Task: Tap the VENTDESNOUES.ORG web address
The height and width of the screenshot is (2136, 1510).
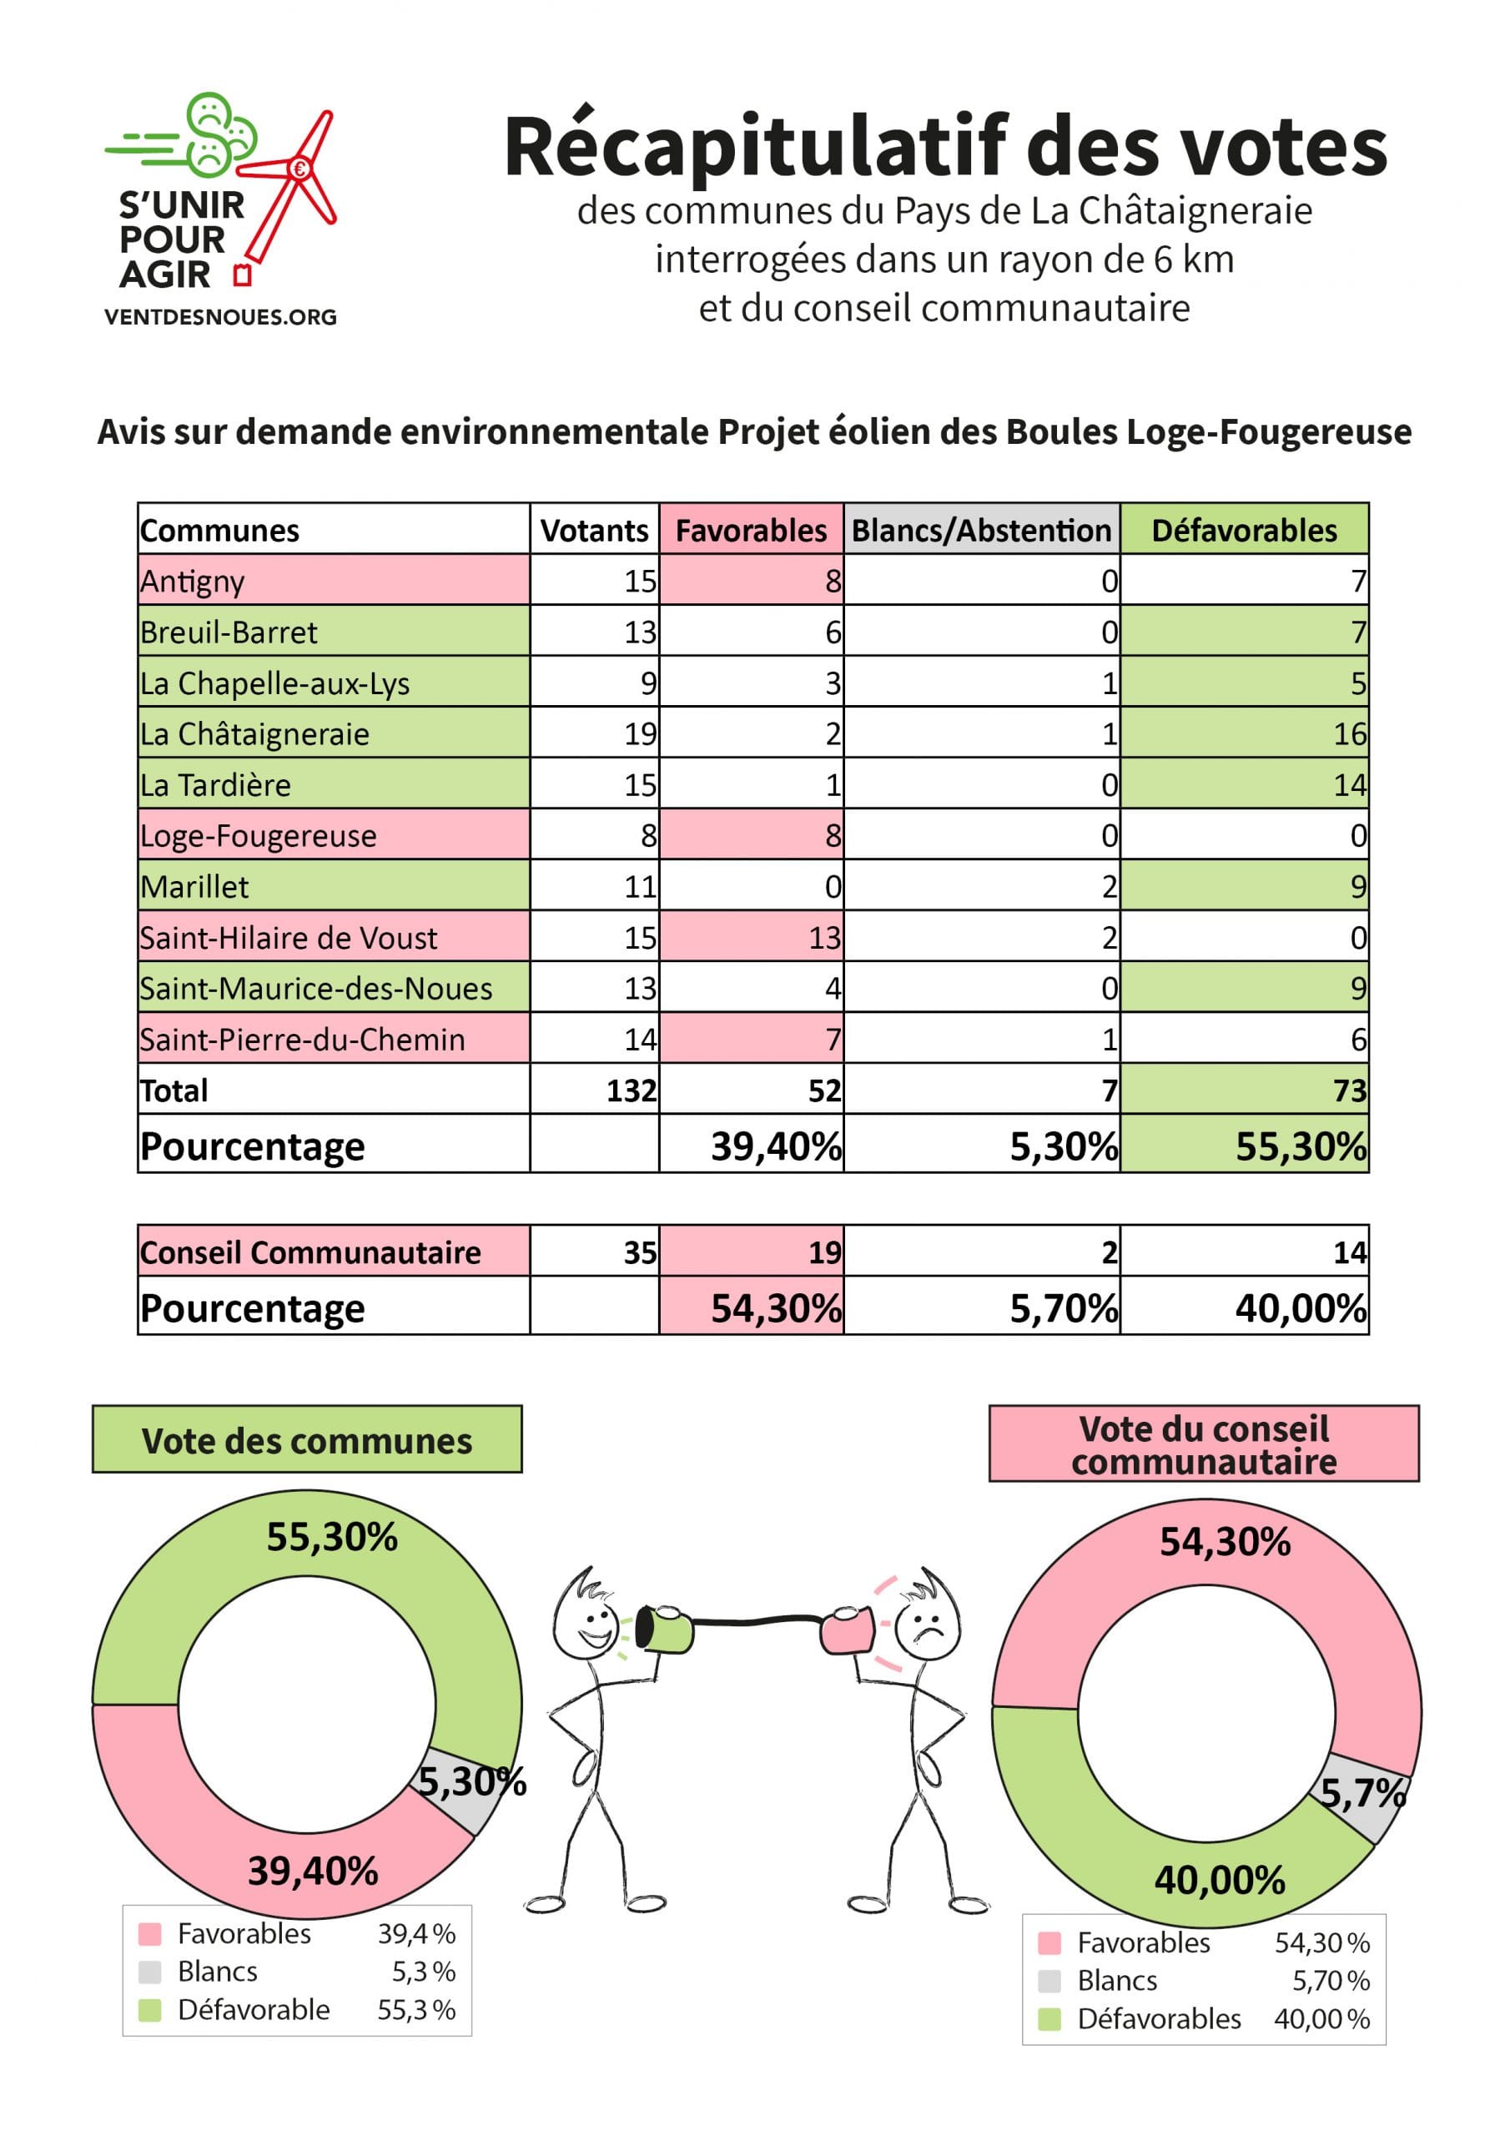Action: click(x=220, y=317)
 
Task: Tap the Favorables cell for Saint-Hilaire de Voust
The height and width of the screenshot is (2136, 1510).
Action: click(x=751, y=937)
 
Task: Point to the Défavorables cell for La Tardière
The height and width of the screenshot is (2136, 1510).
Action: click(x=1244, y=784)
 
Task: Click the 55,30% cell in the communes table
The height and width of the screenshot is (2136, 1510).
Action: click(x=1244, y=1144)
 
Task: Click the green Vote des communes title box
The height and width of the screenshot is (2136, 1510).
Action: click(x=307, y=1439)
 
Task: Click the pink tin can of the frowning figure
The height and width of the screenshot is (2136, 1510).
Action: click(x=848, y=1631)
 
